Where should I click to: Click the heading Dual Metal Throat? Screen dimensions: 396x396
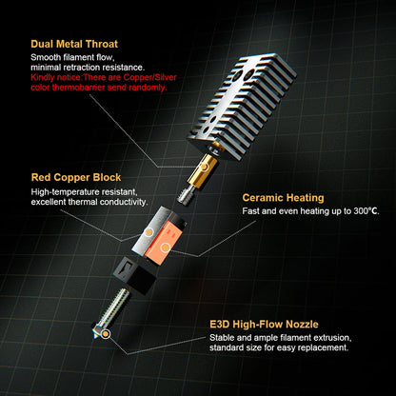(x=74, y=44)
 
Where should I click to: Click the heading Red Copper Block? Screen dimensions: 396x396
(x=76, y=178)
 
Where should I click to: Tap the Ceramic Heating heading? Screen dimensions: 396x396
(x=283, y=198)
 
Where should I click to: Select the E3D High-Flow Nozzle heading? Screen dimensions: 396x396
(x=264, y=325)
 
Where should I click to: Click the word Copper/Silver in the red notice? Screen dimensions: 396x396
(x=150, y=77)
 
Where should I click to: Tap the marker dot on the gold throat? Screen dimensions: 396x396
(x=204, y=167)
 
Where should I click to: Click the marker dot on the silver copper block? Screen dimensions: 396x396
(x=148, y=232)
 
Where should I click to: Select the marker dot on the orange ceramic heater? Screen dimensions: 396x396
(x=165, y=247)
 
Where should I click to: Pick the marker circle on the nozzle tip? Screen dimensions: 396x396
(x=106, y=334)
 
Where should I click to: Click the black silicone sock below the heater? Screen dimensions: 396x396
(x=137, y=273)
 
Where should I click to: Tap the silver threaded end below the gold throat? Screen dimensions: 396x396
(x=185, y=194)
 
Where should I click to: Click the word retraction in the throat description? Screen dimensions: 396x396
(x=82, y=68)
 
